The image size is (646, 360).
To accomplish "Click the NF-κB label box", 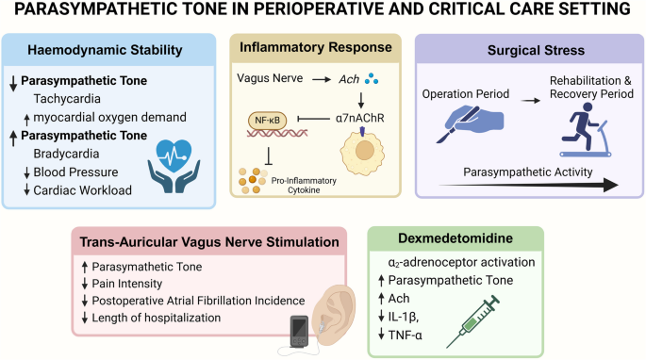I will point(270,120).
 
